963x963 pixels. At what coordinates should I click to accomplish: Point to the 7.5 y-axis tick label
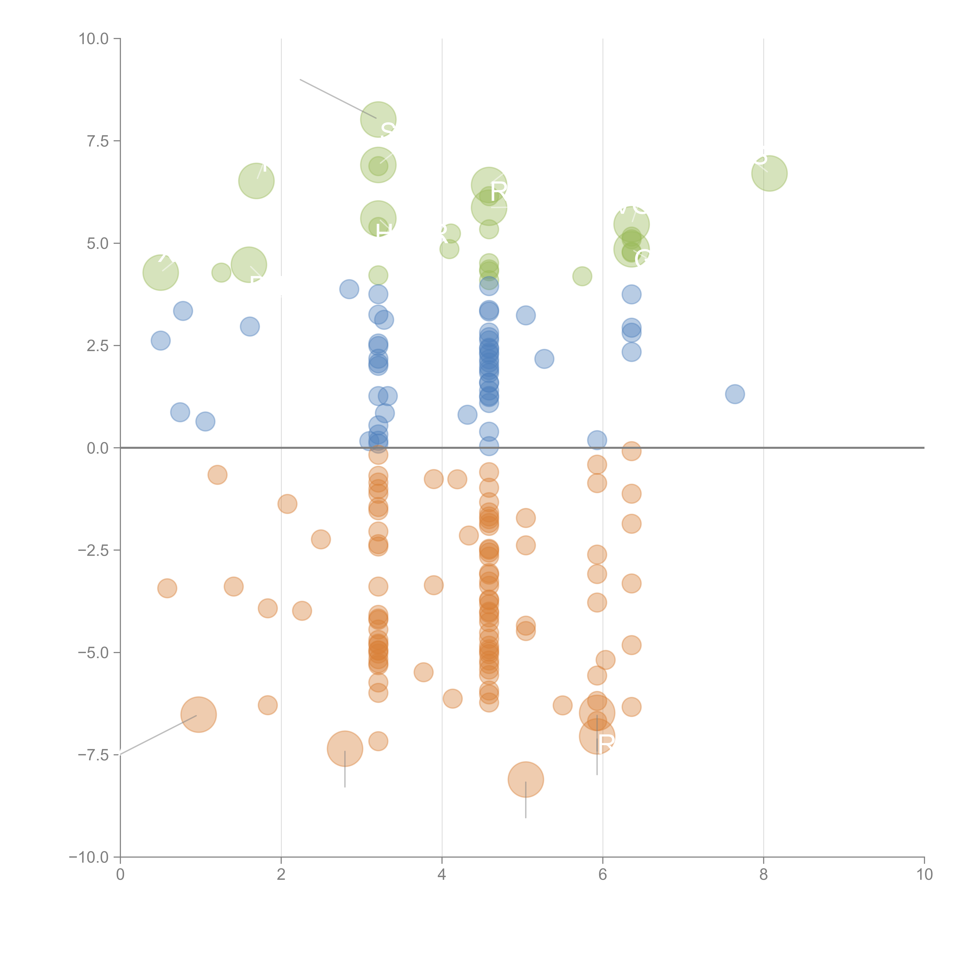coord(98,141)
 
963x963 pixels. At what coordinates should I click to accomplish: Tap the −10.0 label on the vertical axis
coord(89,857)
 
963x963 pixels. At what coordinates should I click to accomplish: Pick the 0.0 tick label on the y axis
coord(98,448)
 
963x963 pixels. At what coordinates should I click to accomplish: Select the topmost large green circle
coord(378,120)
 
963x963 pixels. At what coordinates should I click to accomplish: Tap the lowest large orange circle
coord(526,780)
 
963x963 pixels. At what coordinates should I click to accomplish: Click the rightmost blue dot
coord(735,394)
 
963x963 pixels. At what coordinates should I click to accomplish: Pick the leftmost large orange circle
coord(198,715)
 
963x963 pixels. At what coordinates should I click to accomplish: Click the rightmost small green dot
coord(582,276)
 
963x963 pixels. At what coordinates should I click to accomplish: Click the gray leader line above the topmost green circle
coord(338,99)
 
